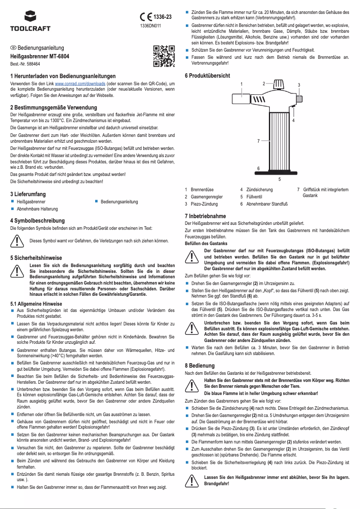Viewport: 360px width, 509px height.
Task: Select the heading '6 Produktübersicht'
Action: (207, 76)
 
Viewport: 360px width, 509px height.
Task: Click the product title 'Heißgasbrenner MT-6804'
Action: (40, 57)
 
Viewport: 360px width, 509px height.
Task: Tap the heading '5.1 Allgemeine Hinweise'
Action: (36, 304)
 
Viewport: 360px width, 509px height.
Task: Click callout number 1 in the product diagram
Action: (241, 84)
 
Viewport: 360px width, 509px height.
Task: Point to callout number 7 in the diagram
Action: (258, 141)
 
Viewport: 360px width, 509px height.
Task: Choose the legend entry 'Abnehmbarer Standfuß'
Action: (267, 204)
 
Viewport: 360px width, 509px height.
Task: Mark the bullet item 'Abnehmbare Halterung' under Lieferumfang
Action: (37, 209)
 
